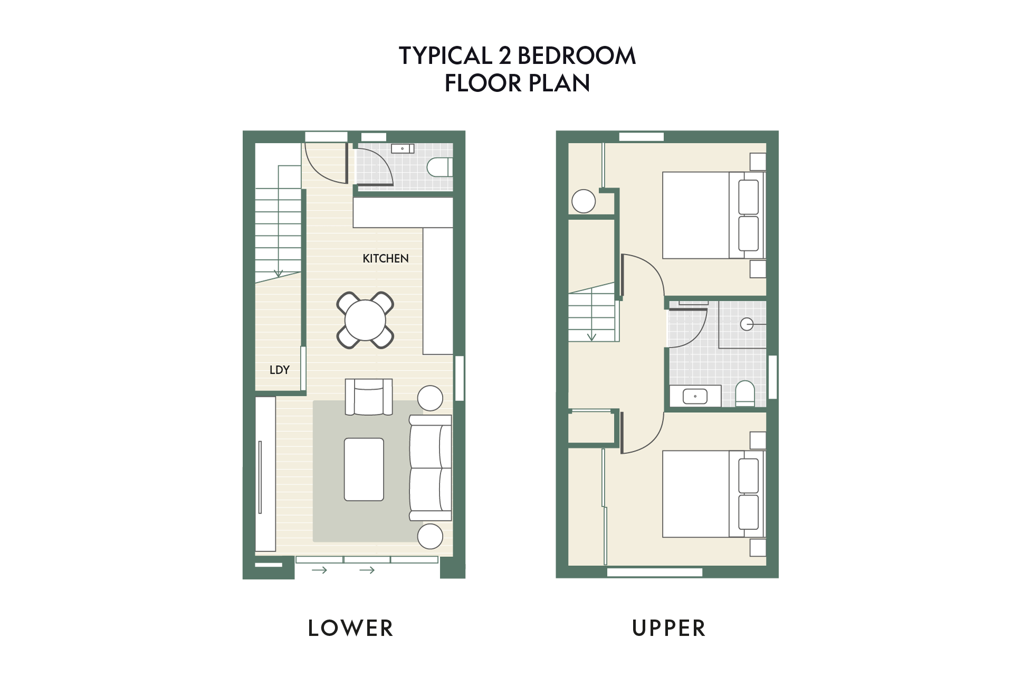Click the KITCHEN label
(385, 259)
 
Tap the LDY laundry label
(279, 370)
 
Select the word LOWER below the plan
(350, 628)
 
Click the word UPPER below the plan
(668, 628)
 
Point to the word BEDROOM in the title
(576, 56)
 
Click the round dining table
(365, 320)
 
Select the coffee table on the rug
(364, 469)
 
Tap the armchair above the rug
(369, 397)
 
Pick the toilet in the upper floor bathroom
(745, 394)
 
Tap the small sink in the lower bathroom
(403, 149)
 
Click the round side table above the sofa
(430, 398)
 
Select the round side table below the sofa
(430, 536)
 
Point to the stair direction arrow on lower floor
(278, 273)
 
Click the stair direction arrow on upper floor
(591, 336)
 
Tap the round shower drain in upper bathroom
(747, 324)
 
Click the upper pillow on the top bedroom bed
(749, 197)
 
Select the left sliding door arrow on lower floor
(319, 570)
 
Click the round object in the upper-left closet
(584, 201)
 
